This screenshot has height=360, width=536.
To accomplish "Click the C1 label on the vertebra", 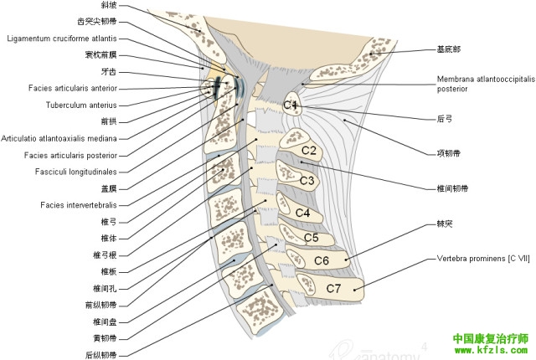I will point(290,105).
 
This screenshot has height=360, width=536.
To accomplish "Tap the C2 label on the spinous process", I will point(308,151).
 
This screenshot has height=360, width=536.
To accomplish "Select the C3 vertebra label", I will point(307,180).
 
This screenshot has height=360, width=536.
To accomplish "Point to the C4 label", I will point(302,213).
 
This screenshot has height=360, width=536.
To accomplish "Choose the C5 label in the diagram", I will point(311,238).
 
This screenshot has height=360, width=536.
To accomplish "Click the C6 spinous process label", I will point(321,260).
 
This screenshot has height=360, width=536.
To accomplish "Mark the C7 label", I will point(333,288).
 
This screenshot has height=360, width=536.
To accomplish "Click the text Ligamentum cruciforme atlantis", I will point(67,39).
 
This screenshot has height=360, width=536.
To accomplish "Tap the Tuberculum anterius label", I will point(80,105).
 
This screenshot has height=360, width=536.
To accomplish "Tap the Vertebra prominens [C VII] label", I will point(483,260).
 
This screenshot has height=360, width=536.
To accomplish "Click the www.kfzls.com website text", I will point(490,351).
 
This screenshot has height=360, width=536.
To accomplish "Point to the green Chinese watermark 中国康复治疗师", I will point(490,338).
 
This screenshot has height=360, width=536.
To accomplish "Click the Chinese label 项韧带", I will point(449,153).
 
